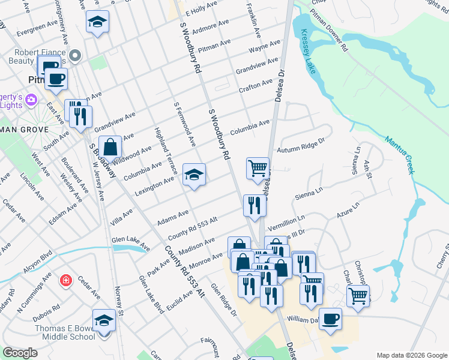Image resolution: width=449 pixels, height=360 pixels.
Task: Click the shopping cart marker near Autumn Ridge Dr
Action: point(258,167)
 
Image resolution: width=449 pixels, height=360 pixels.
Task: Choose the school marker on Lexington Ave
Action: point(194,174)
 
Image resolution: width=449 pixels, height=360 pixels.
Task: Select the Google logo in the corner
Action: point(20,353)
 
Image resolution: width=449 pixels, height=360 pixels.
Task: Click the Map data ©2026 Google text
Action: point(411,355)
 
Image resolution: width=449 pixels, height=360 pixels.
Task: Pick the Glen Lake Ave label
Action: point(130,243)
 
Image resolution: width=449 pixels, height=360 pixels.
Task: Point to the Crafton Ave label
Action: point(256,86)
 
